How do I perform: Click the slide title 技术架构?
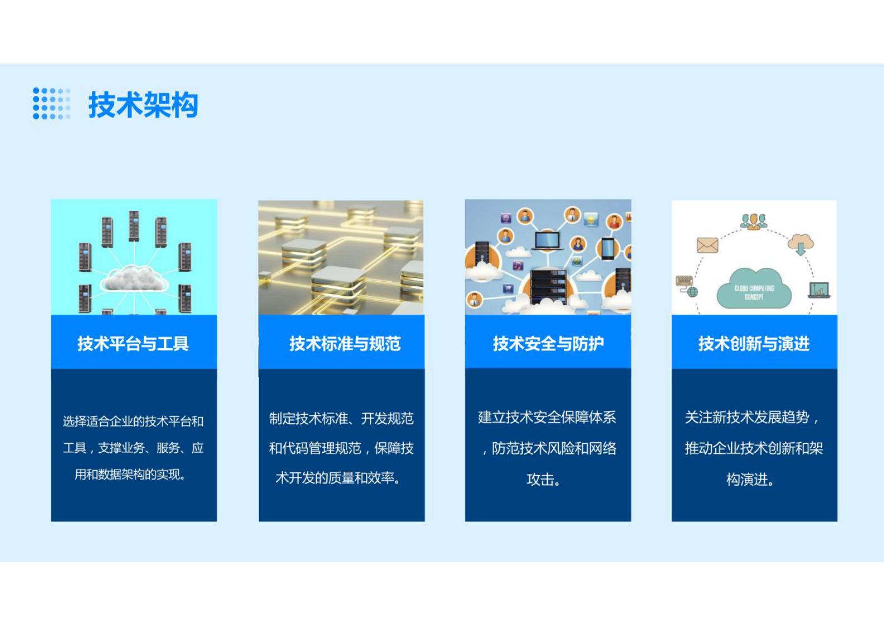click(x=143, y=105)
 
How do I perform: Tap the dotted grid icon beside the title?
click(x=51, y=104)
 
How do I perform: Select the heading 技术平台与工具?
click(x=133, y=344)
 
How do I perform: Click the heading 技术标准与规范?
click(x=345, y=344)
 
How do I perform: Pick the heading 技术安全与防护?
click(x=548, y=344)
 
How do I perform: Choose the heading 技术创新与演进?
click(x=754, y=344)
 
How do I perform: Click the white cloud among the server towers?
click(x=134, y=279)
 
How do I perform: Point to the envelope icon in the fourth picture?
click(x=707, y=245)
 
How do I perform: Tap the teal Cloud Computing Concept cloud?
click(x=754, y=290)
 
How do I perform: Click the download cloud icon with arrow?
click(x=800, y=243)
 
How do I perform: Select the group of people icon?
click(x=754, y=221)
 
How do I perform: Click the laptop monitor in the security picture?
click(x=547, y=241)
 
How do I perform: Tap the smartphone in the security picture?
click(x=608, y=248)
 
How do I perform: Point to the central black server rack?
click(x=548, y=285)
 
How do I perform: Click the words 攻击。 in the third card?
click(x=543, y=480)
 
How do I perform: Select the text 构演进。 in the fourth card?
click(x=750, y=480)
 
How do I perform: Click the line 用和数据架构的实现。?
click(x=130, y=475)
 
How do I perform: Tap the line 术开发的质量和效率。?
click(x=338, y=478)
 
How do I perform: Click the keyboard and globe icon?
click(x=686, y=285)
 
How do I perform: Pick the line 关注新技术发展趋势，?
click(x=752, y=417)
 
